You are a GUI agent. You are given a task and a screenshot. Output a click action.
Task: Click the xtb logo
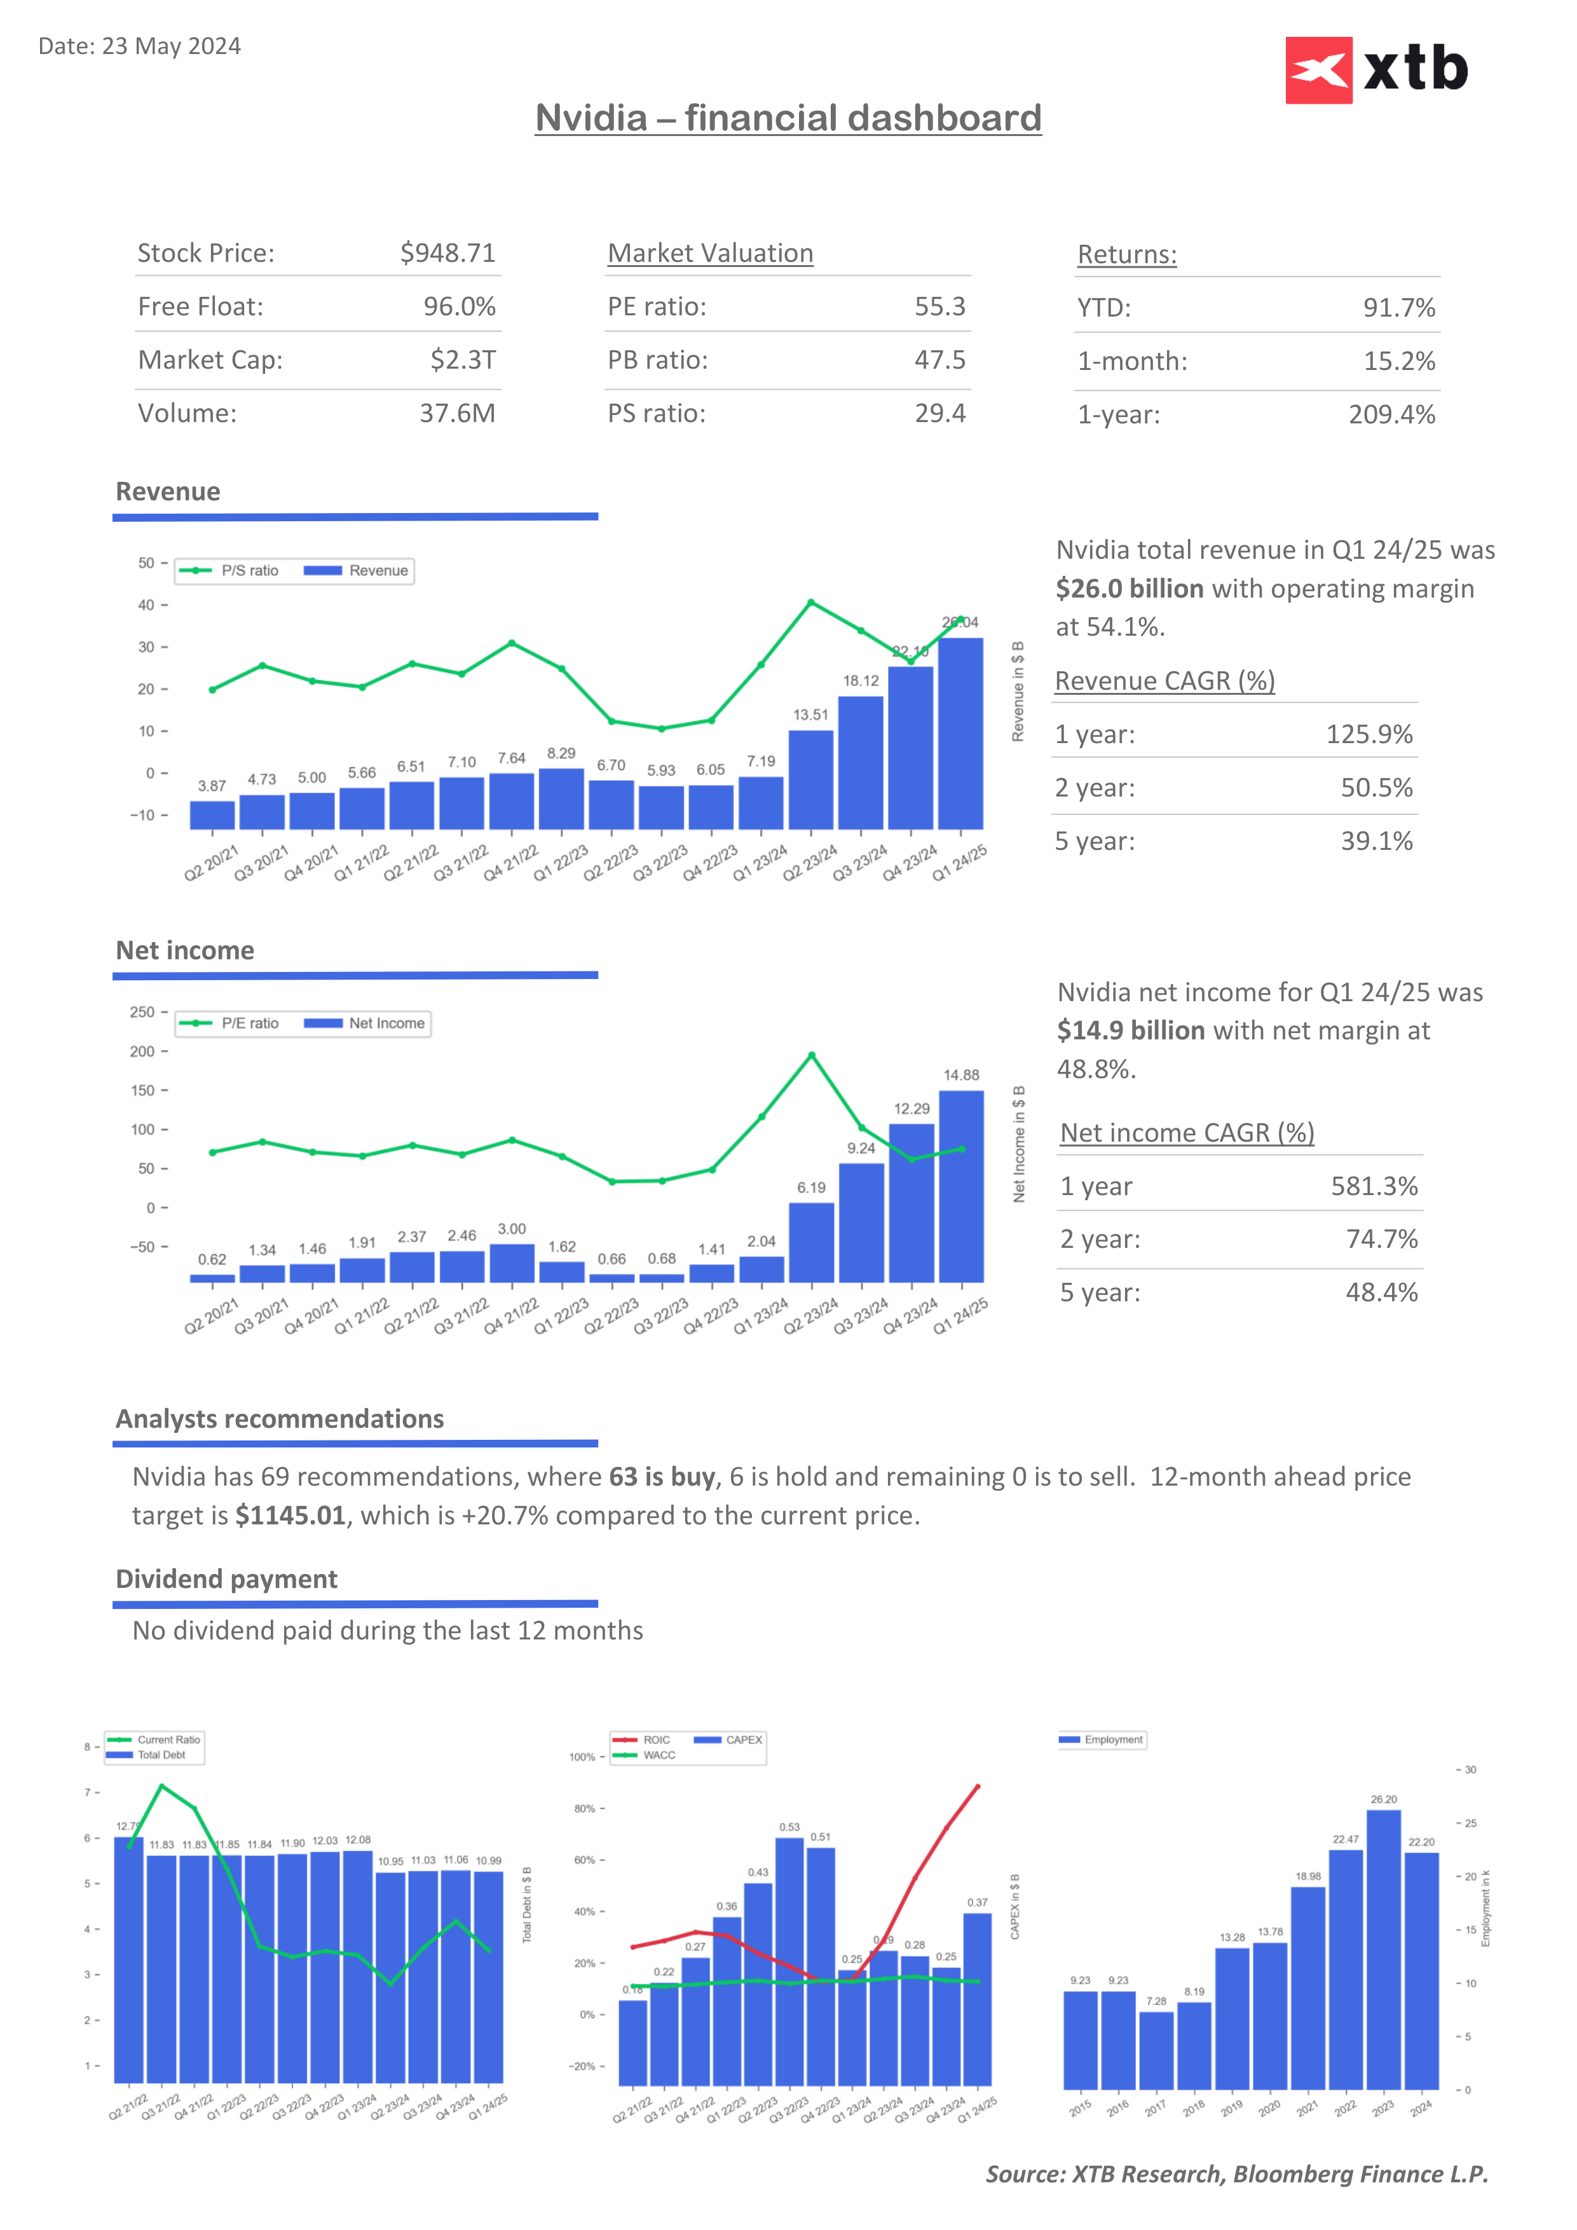(1376, 70)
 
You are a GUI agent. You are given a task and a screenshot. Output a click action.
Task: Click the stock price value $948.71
(447, 254)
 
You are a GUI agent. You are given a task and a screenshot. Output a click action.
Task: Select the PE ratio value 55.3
(939, 307)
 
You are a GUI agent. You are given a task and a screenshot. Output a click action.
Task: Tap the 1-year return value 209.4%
(1391, 414)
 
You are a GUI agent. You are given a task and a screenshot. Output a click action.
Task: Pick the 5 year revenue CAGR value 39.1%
(1376, 841)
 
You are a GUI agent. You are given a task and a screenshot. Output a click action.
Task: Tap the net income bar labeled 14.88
(961, 1186)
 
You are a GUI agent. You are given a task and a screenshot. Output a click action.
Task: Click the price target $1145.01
(290, 1516)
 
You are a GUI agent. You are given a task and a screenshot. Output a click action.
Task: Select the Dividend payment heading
(226, 1579)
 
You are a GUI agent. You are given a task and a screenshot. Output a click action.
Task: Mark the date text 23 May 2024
(171, 46)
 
